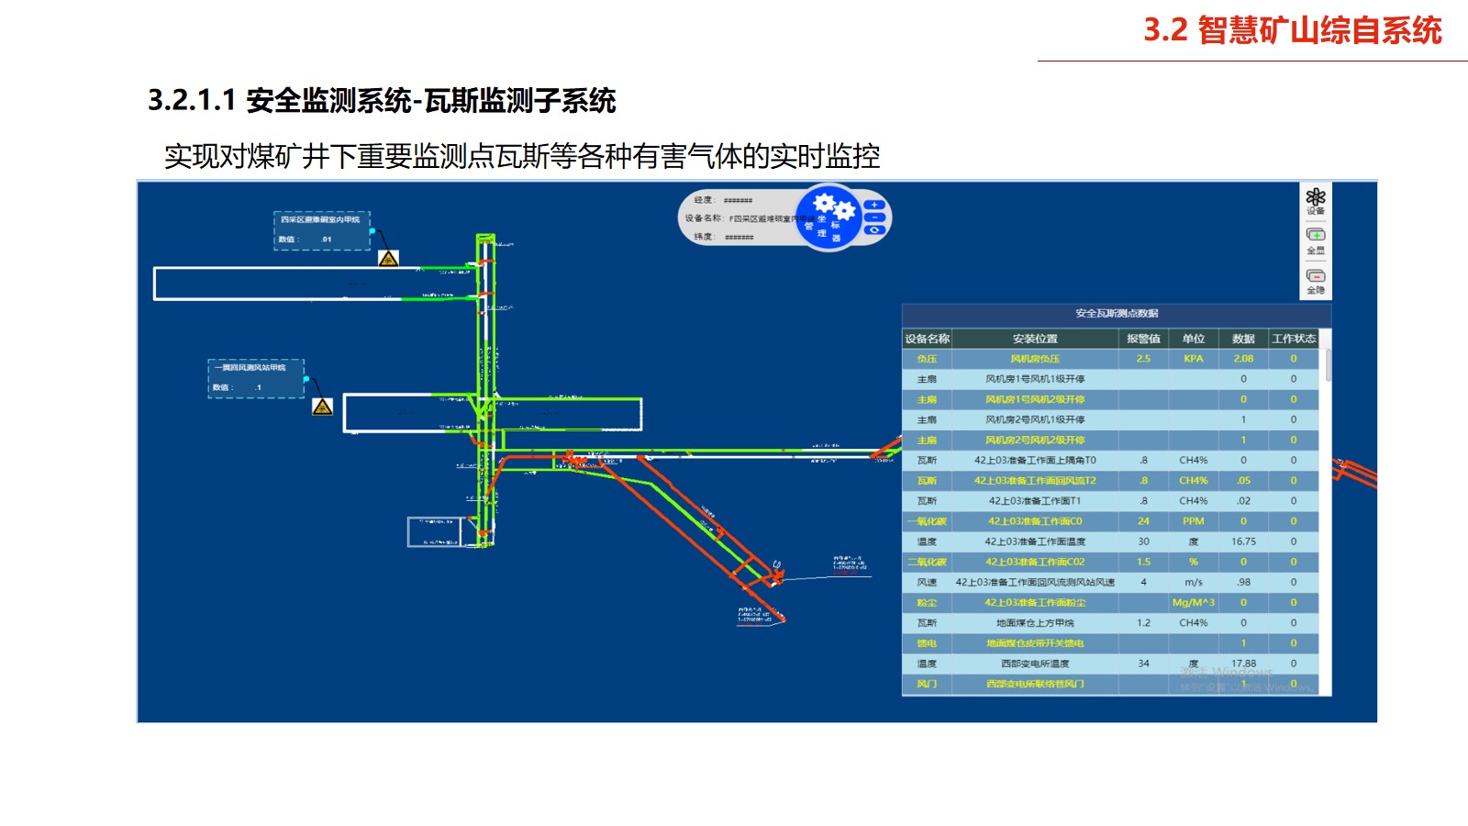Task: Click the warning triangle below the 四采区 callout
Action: pyautogui.click(x=388, y=259)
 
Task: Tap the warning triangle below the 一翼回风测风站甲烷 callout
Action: pyautogui.click(x=322, y=407)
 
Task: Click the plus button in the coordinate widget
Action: pyautogui.click(x=874, y=205)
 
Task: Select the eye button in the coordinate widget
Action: pyautogui.click(x=874, y=230)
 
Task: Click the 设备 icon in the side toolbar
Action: pyautogui.click(x=1316, y=199)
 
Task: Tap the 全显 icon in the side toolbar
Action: pyautogui.click(x=1316, y=240)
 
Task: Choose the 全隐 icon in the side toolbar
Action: pyautogui.click(x=1316, y=280)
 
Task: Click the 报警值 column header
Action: pyautogui.click(x=1143, y=339)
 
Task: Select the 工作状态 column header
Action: pyautogui.click(x=1294, y=339)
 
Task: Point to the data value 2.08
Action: pyautogui.click(x=1243, y=359)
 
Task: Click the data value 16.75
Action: pyautogui.click(x=1243, y=541)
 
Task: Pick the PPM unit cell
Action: pyautogui.click(x=1193, y=521)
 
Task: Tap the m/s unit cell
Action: pyautogui.click(x=1193, y=582)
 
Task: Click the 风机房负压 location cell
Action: pyautogui.click(x=1035, y=359)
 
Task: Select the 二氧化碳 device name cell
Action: pyautogui.click(x=927, y=562)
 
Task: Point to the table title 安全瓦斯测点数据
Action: pyautogui.click(x=1117, y=314)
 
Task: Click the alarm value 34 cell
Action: pyautogui.click(x=1143, y=664)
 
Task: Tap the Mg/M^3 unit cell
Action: pyautogui.click(x=1193, y=603)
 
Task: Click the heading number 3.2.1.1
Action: pyautogui.click(x=192, y=100)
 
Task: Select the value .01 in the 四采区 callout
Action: pyautogui.click(x=327, y=240)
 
